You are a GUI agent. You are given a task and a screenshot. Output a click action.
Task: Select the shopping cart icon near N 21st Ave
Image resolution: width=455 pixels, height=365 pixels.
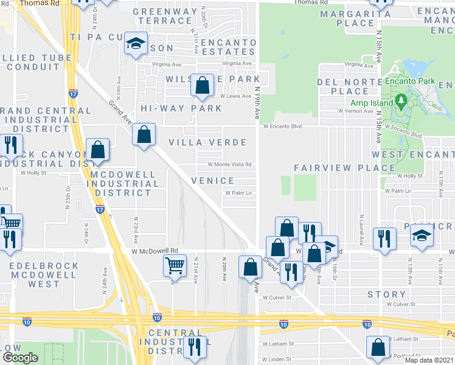(x=175, y=265)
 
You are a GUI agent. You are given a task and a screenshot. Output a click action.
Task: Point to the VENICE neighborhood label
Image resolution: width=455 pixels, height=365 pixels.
(x=212, y=181)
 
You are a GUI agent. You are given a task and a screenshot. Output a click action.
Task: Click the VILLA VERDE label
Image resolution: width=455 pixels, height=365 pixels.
(x=207, y=142)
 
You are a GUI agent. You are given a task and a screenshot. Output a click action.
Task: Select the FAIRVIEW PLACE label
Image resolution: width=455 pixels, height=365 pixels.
(x=336, y=167)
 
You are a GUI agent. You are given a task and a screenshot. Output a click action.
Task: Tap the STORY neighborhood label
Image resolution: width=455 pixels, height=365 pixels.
(x=386, y=294)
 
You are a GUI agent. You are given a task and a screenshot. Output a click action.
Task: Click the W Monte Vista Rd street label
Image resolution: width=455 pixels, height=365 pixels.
(x=230, y=164)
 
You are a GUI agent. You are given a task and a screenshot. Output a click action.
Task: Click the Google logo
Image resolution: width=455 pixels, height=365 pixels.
(x=20, y=358)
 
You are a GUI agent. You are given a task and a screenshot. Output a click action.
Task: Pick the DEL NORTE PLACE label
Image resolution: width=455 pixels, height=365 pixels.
(x=342, y=86)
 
